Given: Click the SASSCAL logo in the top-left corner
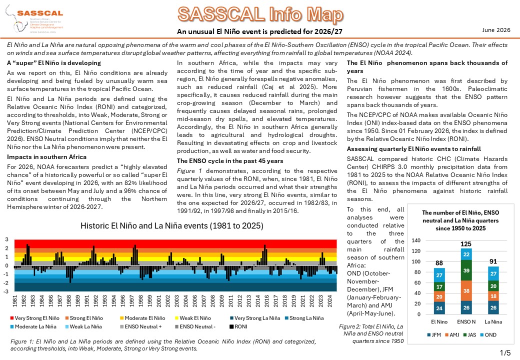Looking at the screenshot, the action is pos(34,19).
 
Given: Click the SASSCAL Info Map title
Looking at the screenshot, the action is pos(260,14).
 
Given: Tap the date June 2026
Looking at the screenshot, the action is pos(496,30).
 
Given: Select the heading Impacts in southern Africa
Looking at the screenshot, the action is pos(47,157).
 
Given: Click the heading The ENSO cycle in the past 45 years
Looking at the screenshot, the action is pos(230,161).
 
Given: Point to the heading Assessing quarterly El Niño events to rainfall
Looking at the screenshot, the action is pos(414,149).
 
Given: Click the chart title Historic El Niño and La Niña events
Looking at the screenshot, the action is pos(172,226).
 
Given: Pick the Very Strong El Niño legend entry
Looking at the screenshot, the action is pos(35,318).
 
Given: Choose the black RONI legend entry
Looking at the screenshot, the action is pos(238,327).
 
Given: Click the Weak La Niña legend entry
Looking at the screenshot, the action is pos(83,327).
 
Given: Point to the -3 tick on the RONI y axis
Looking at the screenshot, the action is pos(6,291).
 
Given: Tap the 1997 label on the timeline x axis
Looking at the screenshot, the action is pos(131,301).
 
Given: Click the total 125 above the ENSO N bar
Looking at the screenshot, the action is pos(466,244).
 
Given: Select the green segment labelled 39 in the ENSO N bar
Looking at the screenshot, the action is pos(466,270).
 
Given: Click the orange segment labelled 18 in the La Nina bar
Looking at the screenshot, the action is pos(493,296).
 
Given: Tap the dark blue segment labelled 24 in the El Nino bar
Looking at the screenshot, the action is pos(439,308).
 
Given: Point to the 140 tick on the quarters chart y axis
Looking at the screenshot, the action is pos(416,240).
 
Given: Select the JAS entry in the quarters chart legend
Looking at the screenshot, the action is pos(469,335).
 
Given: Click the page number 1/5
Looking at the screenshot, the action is pos(505,352).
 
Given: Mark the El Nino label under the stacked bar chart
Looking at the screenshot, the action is pos(439,322).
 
